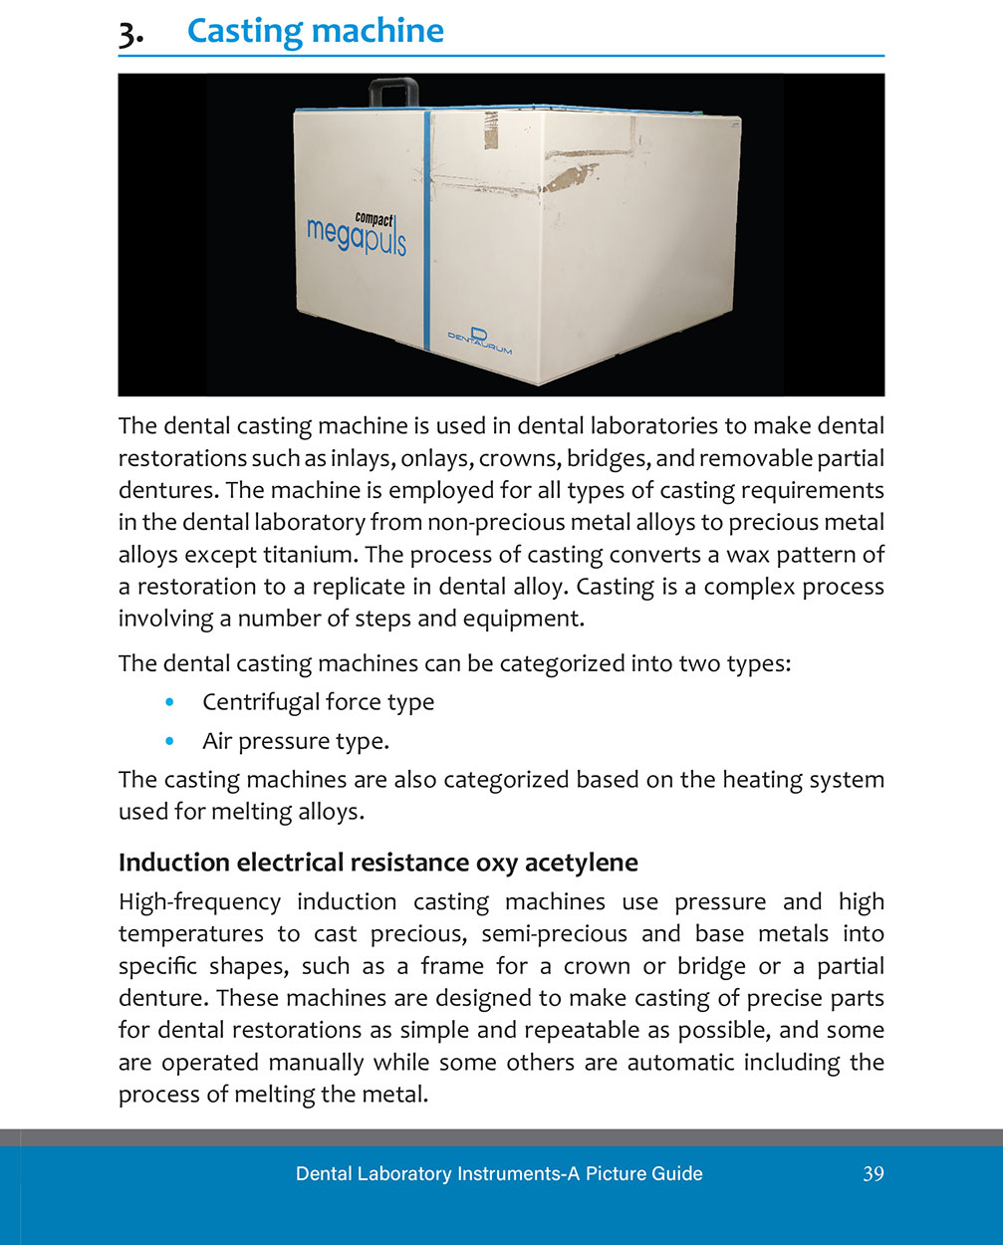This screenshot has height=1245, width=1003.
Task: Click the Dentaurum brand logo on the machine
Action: [x=478, y=340]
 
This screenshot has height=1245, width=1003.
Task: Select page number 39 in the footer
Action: [x=873, y=1173]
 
